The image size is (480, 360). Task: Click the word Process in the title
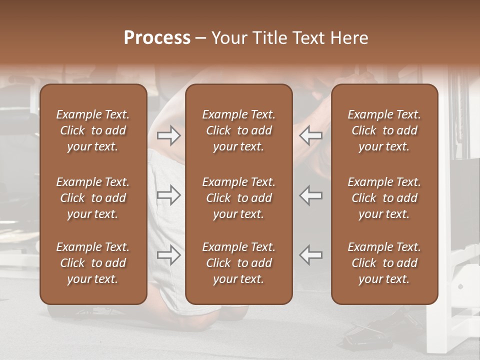[x=157, y=38]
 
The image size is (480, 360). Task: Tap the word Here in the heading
[x=350, y=38]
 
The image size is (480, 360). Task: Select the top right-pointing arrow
[x=168, y=135]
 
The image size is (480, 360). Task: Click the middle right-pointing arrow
[x=168, y=195]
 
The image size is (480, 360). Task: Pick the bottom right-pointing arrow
[x=168, y=255]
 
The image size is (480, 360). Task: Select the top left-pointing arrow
[x=311, y=135]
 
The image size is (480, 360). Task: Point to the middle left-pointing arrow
[x=311, y=195]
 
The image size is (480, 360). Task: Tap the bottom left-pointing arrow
[x=311, y=255]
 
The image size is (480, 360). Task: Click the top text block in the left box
[x=93, y=130]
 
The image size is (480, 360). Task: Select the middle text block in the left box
[x=93, y=198]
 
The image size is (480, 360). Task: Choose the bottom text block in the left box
[x=93, y=263]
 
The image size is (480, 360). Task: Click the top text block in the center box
[x=239, y=130]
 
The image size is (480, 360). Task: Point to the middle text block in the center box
[x=239, y=198]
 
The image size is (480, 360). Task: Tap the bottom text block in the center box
[x=239, y=263]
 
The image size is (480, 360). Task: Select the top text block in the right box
[x=384, y=130]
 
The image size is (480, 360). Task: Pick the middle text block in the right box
[x=384, y=198]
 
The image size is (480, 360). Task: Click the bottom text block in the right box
[x=384, y=263]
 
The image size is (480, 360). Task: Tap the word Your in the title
[x=228, y=38]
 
